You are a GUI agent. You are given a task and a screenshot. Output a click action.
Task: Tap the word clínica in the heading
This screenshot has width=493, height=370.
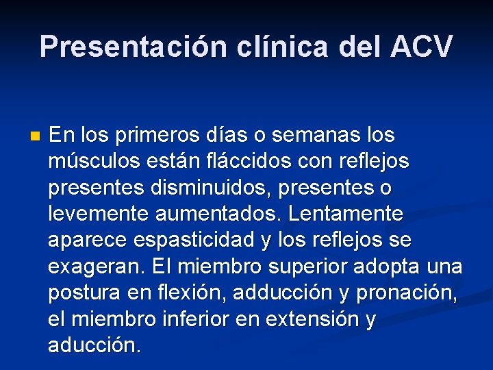click(x=267, y=47)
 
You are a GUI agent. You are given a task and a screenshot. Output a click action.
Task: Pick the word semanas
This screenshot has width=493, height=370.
click(x=327, y=135)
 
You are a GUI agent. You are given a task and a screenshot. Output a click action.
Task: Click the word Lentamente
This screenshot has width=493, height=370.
click(x=346, y=214)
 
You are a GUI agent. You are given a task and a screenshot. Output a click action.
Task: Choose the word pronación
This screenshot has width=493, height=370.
click(x=407, y=293)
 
